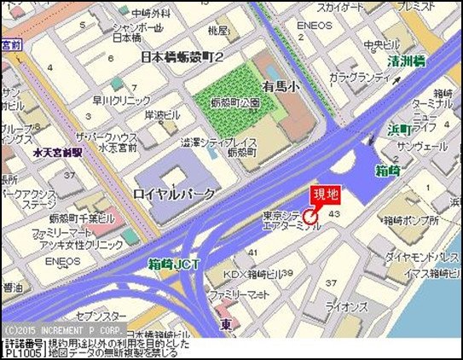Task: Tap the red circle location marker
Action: coord(310,218)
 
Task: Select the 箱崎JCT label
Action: coord(173,264)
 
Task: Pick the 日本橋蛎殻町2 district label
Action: coord(181,56)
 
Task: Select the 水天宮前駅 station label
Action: coord(57,153)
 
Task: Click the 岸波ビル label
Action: coord(162,115)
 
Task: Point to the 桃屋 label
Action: coord(217,31)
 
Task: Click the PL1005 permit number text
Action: coord(24,351)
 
